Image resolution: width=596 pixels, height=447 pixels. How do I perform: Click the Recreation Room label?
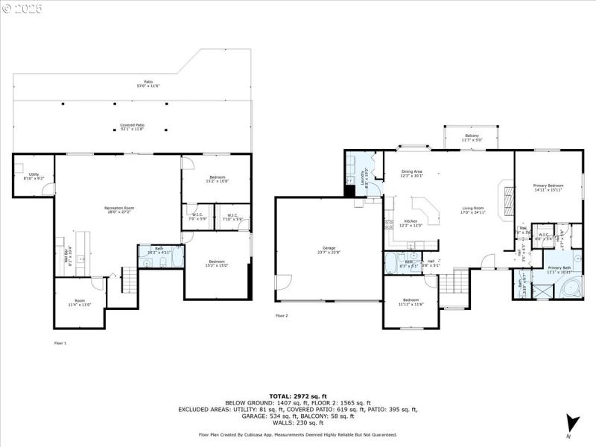point(118,209)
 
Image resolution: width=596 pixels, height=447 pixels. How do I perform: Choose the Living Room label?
point(473,210)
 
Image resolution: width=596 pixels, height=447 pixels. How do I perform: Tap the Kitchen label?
point(411,223)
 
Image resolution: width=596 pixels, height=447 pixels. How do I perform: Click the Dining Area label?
point(412,174)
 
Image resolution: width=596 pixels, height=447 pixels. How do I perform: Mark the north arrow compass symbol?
point(571,422)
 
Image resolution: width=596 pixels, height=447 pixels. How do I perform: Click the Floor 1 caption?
point(60,343)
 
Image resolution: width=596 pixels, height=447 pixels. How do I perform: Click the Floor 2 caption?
point(282,316)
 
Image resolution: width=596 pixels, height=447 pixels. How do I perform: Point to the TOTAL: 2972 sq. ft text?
point(298,396)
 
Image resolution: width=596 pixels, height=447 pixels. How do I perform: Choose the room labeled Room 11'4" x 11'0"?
point(80,303)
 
